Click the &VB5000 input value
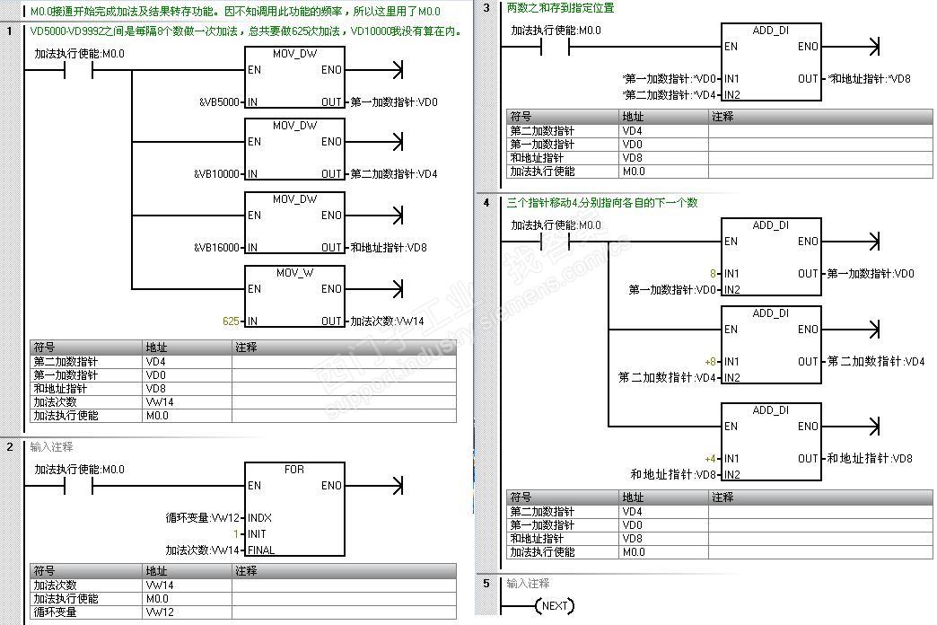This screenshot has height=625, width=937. point(219,102)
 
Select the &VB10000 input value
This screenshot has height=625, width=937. point(216,174)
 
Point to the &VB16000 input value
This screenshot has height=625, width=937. point(216,248)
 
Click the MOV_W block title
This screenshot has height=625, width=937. point(294,272)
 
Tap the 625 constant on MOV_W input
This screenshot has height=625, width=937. point(232,321)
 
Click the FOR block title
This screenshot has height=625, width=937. point(294,470)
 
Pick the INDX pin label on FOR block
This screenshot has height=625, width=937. point(259,518)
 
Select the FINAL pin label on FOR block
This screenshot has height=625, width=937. point(261,550)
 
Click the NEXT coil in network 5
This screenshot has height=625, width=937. point(555,606)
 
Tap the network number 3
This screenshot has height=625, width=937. point(486,8)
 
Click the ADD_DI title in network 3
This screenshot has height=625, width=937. point(770,31)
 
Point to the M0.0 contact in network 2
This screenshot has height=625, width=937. point(79,486)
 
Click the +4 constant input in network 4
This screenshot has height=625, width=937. point(710,459)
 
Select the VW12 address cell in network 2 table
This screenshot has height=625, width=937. point(160,612)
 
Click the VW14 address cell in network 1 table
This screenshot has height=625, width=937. point(160,402)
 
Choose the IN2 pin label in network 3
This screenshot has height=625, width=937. point(731,95)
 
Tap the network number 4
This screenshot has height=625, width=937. point(486,203)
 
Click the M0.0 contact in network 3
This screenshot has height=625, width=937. point(556,47)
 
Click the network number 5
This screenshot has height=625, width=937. point(486,584)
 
